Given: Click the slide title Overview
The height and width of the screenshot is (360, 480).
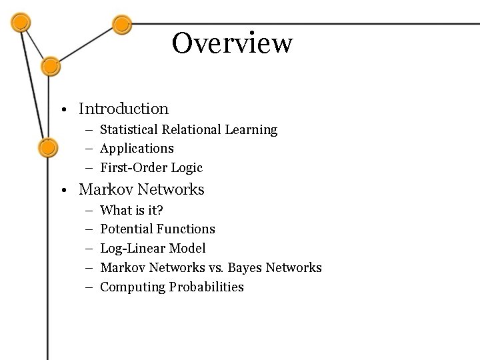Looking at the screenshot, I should coord(232,43).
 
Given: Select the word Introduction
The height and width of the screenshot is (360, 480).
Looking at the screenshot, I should coord(123,108).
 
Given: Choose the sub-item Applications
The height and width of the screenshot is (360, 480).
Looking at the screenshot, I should coord(136,148).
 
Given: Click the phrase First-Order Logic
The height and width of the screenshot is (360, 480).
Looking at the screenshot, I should coord(151,167).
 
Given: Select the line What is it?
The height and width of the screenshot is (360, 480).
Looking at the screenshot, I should coord(131,210).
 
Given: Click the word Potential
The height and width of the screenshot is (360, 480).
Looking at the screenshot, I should coord(126,229).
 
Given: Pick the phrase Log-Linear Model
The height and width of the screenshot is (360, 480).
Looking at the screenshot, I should coord(153,248).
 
